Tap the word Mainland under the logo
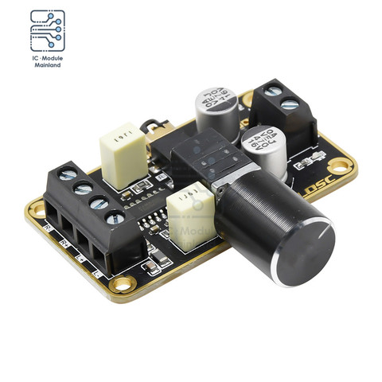[x=48, y=65]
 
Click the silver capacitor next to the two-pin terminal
[x=263, y=147]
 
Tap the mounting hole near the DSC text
[x=341, y=166]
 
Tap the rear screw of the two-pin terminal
[x=272, y=91]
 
